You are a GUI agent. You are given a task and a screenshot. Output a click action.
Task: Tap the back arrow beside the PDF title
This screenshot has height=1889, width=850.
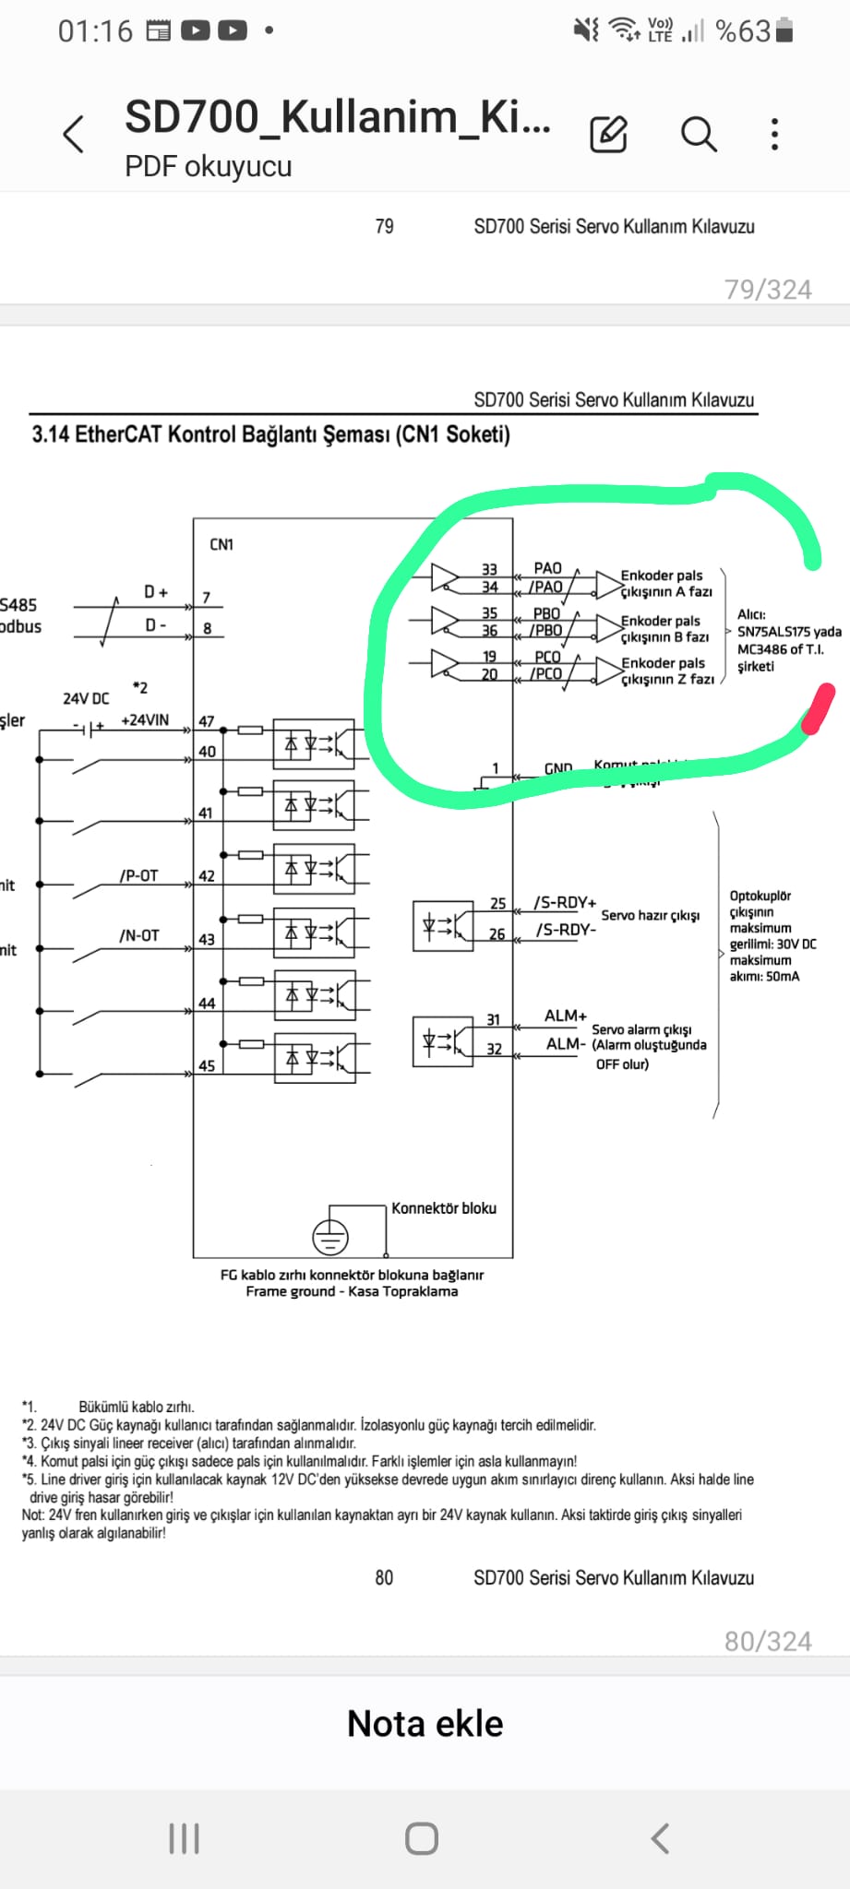[74, 135]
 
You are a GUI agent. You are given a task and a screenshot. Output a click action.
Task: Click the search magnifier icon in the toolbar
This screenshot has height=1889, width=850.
[699, 135]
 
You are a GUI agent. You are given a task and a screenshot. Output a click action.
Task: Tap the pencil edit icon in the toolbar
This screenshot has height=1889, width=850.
[608, 135]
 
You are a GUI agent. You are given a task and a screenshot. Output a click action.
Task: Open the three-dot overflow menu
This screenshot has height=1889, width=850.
[774, 135]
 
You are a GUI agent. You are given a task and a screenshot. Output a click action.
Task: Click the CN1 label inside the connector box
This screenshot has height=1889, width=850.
[221, 544]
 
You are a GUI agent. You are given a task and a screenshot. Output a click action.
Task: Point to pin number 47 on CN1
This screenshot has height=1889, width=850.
[207, 721]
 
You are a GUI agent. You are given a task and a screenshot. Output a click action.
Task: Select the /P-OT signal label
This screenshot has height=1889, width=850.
[138, 875]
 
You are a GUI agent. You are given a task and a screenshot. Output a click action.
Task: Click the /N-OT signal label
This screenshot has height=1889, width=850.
[138, 935]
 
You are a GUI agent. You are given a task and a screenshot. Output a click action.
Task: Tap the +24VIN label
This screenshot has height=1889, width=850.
[145, 720]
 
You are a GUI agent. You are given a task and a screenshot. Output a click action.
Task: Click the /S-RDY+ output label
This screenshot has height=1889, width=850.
[565, 903]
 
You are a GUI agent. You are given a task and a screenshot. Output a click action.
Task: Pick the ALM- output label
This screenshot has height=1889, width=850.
[566, 1044]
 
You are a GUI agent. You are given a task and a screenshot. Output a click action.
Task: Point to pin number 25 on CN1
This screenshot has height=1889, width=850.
[498, 904]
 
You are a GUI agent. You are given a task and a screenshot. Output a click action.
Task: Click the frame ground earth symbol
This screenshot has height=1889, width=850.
[330, 1236]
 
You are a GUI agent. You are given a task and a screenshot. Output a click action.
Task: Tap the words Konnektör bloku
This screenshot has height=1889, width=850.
[444, 1208]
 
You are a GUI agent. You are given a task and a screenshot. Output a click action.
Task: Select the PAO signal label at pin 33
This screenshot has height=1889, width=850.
[547, 568]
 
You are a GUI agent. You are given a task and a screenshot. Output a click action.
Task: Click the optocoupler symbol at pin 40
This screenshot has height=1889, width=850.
[314, 743]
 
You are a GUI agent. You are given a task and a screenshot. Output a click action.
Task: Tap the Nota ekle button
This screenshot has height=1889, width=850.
[425, 1723]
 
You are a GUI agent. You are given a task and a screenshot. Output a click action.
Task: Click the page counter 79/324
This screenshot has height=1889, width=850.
[768, 290]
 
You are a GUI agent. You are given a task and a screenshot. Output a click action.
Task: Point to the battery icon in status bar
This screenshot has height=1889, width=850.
[784, 30]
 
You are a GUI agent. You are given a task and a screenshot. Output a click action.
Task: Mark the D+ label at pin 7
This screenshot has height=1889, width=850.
[156, 592]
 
